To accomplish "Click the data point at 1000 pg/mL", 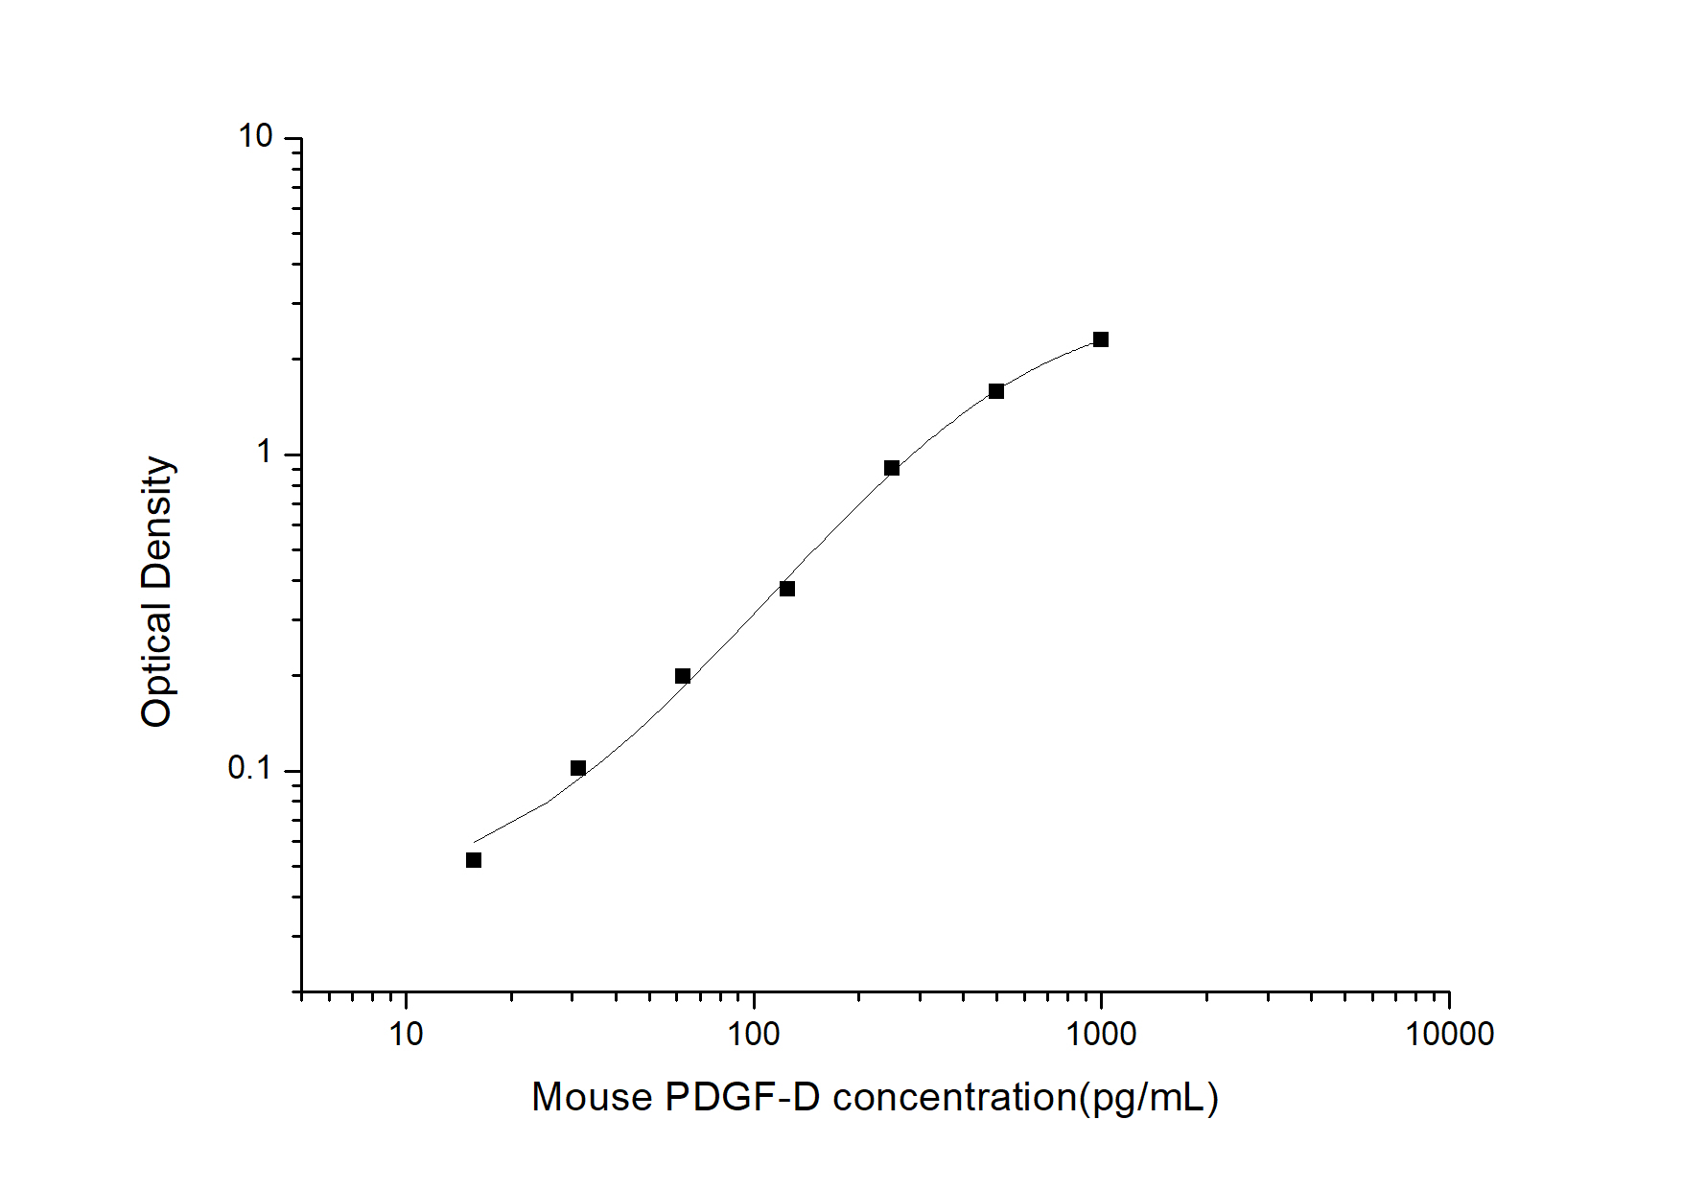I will pyautogui.click(x=1101, y=339).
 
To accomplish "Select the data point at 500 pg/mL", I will pyautogui.click(x=996, y=391).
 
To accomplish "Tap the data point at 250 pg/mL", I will pyautogui.click(x=892, y=468).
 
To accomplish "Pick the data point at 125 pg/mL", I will pyautogui.click(x=787, y=589).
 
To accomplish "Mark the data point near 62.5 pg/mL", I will pyautogui.click(x=683, y=676).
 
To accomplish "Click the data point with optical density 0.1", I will pyautogui.click(x=578, y=768).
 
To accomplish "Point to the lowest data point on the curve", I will pyautogui.click(x=474, y=860).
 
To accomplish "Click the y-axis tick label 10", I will pyautogui.click(x=256, y=137).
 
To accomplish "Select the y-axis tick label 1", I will pyautogui.click(x=265, y=453).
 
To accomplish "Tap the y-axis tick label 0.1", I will pyautogui.click(x=250, y=768).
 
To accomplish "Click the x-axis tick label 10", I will pyautogui.click(x=407, y=1035).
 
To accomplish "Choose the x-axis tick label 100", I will pyautogui.click(x=754, y=1035).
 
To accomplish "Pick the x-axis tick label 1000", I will pyautogui.click(x=1101, y=1035).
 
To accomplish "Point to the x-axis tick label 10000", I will pyautogui.click(x=1449, y=1035).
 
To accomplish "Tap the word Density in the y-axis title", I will pyautogui.click(x=156, y=523).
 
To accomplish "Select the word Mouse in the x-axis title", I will pyautogui.click(x=592, y=1097).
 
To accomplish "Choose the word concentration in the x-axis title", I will pyautogui.click(x=955, y=1097).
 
